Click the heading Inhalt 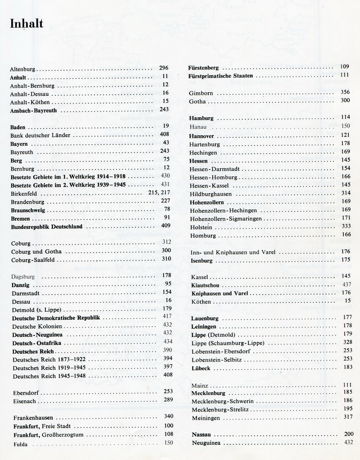pos(26,24)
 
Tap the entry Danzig pos(20,284)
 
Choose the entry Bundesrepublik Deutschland pos(47,227)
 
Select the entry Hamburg pos(202,118)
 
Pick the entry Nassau pos(201,435)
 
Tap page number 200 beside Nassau pos(349,434)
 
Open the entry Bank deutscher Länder pos(40,135)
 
